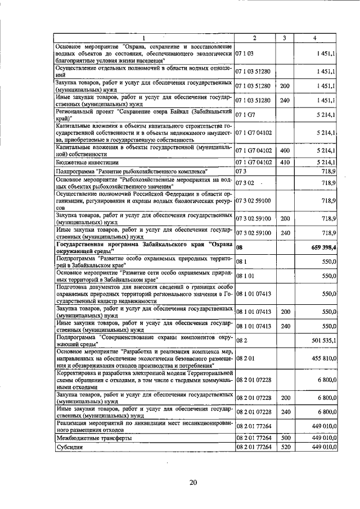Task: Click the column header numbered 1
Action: pyautogui.click(x=143, y=38)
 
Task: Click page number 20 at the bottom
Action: pyautogui.click(x=193, y=482)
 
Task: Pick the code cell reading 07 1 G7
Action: pyautogui.click(x=245, y=115)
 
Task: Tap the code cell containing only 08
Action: pyautogui.click(x=239, y=246)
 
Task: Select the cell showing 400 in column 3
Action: pyautogui.click(x=285, y=151)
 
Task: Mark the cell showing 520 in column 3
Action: pyautogui.click(x=285, y=448)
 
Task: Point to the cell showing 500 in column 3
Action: pyautogui.click(x=285, y=438)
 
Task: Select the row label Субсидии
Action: pyautogui.click(x=69, y=448)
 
